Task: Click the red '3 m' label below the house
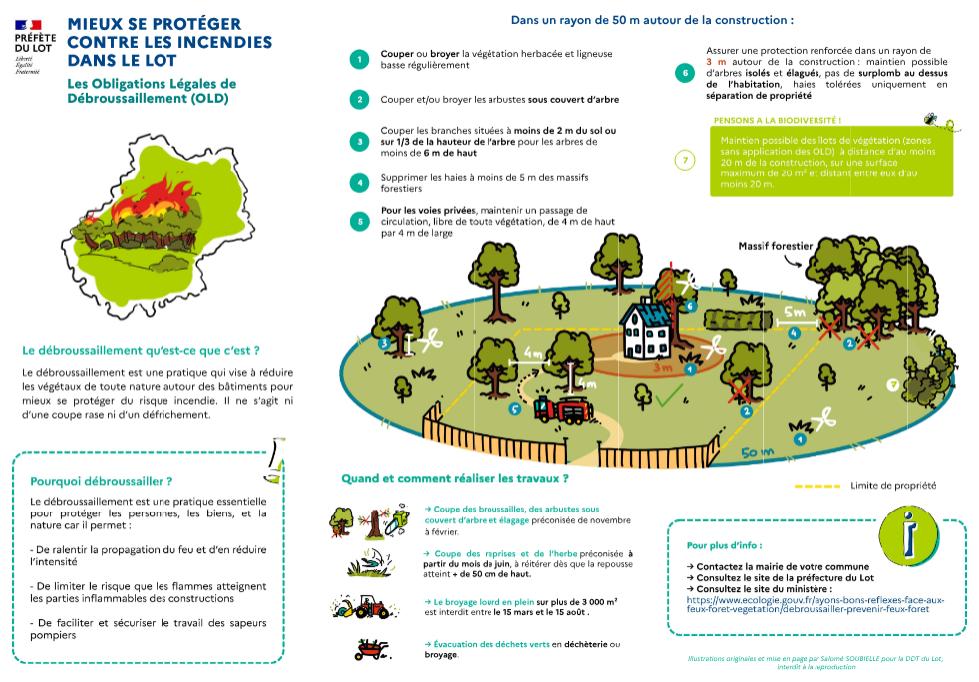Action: (661, 367)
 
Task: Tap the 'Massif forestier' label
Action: (776, 245)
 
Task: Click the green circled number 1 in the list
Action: (359, 59)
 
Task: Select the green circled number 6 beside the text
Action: (684, 73)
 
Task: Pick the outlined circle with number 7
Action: (684, 160)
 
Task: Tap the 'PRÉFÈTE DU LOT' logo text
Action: (35, 42)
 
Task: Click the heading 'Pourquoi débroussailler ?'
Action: (102, 480)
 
